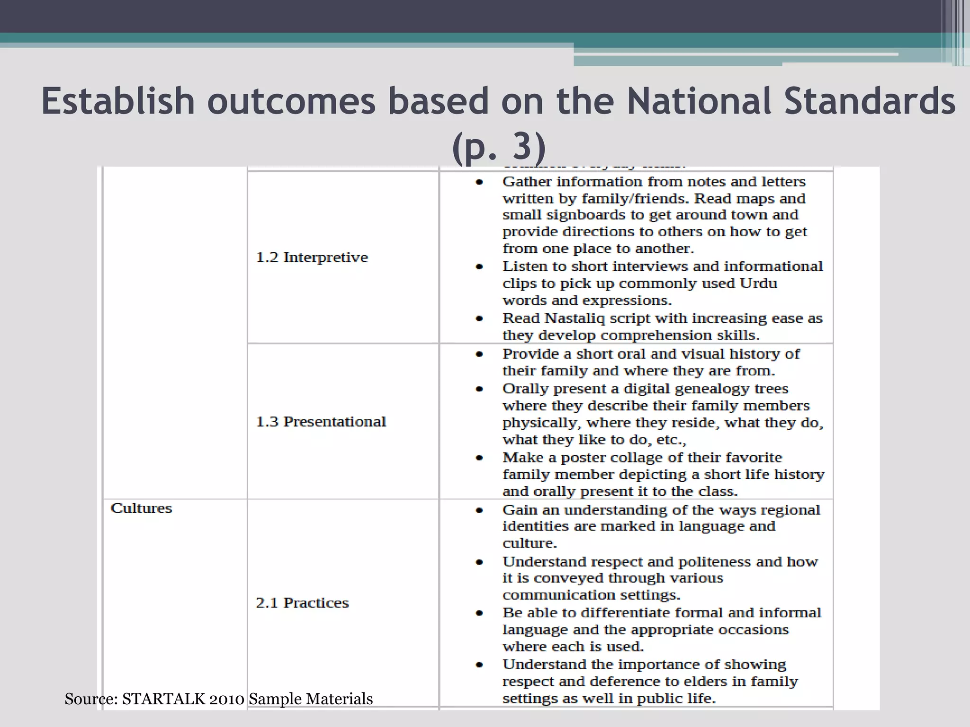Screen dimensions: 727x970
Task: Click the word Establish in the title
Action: pos(118,101)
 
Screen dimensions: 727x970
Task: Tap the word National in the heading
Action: pos(699,101)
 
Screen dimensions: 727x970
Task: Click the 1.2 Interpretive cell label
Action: pos(312,257)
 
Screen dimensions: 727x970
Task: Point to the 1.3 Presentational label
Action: pos(321,422)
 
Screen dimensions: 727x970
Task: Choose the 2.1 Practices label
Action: pos(302,603)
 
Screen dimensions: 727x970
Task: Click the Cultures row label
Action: pos(141,508)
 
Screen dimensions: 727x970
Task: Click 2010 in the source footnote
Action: pos(226,699)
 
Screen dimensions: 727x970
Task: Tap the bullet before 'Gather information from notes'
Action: pos(479,182)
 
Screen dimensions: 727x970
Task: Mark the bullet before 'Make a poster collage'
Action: pos(479,458)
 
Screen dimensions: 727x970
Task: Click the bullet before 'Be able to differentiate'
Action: pos(479,613)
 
